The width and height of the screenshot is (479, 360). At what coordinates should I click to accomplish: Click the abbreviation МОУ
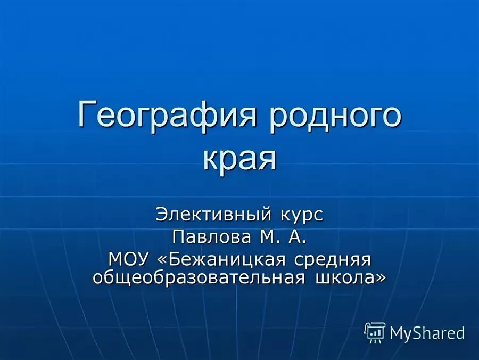click(x=129, y=259)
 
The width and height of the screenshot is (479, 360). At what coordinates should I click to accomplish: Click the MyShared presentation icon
click(x=375, y=332)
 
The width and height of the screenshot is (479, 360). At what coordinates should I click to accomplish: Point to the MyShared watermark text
click(x=427, y=333)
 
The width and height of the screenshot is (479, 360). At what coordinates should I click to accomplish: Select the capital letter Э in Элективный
click(x=161, y=215)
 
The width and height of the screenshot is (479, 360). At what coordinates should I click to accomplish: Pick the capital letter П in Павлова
click(x=178, y=237)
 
